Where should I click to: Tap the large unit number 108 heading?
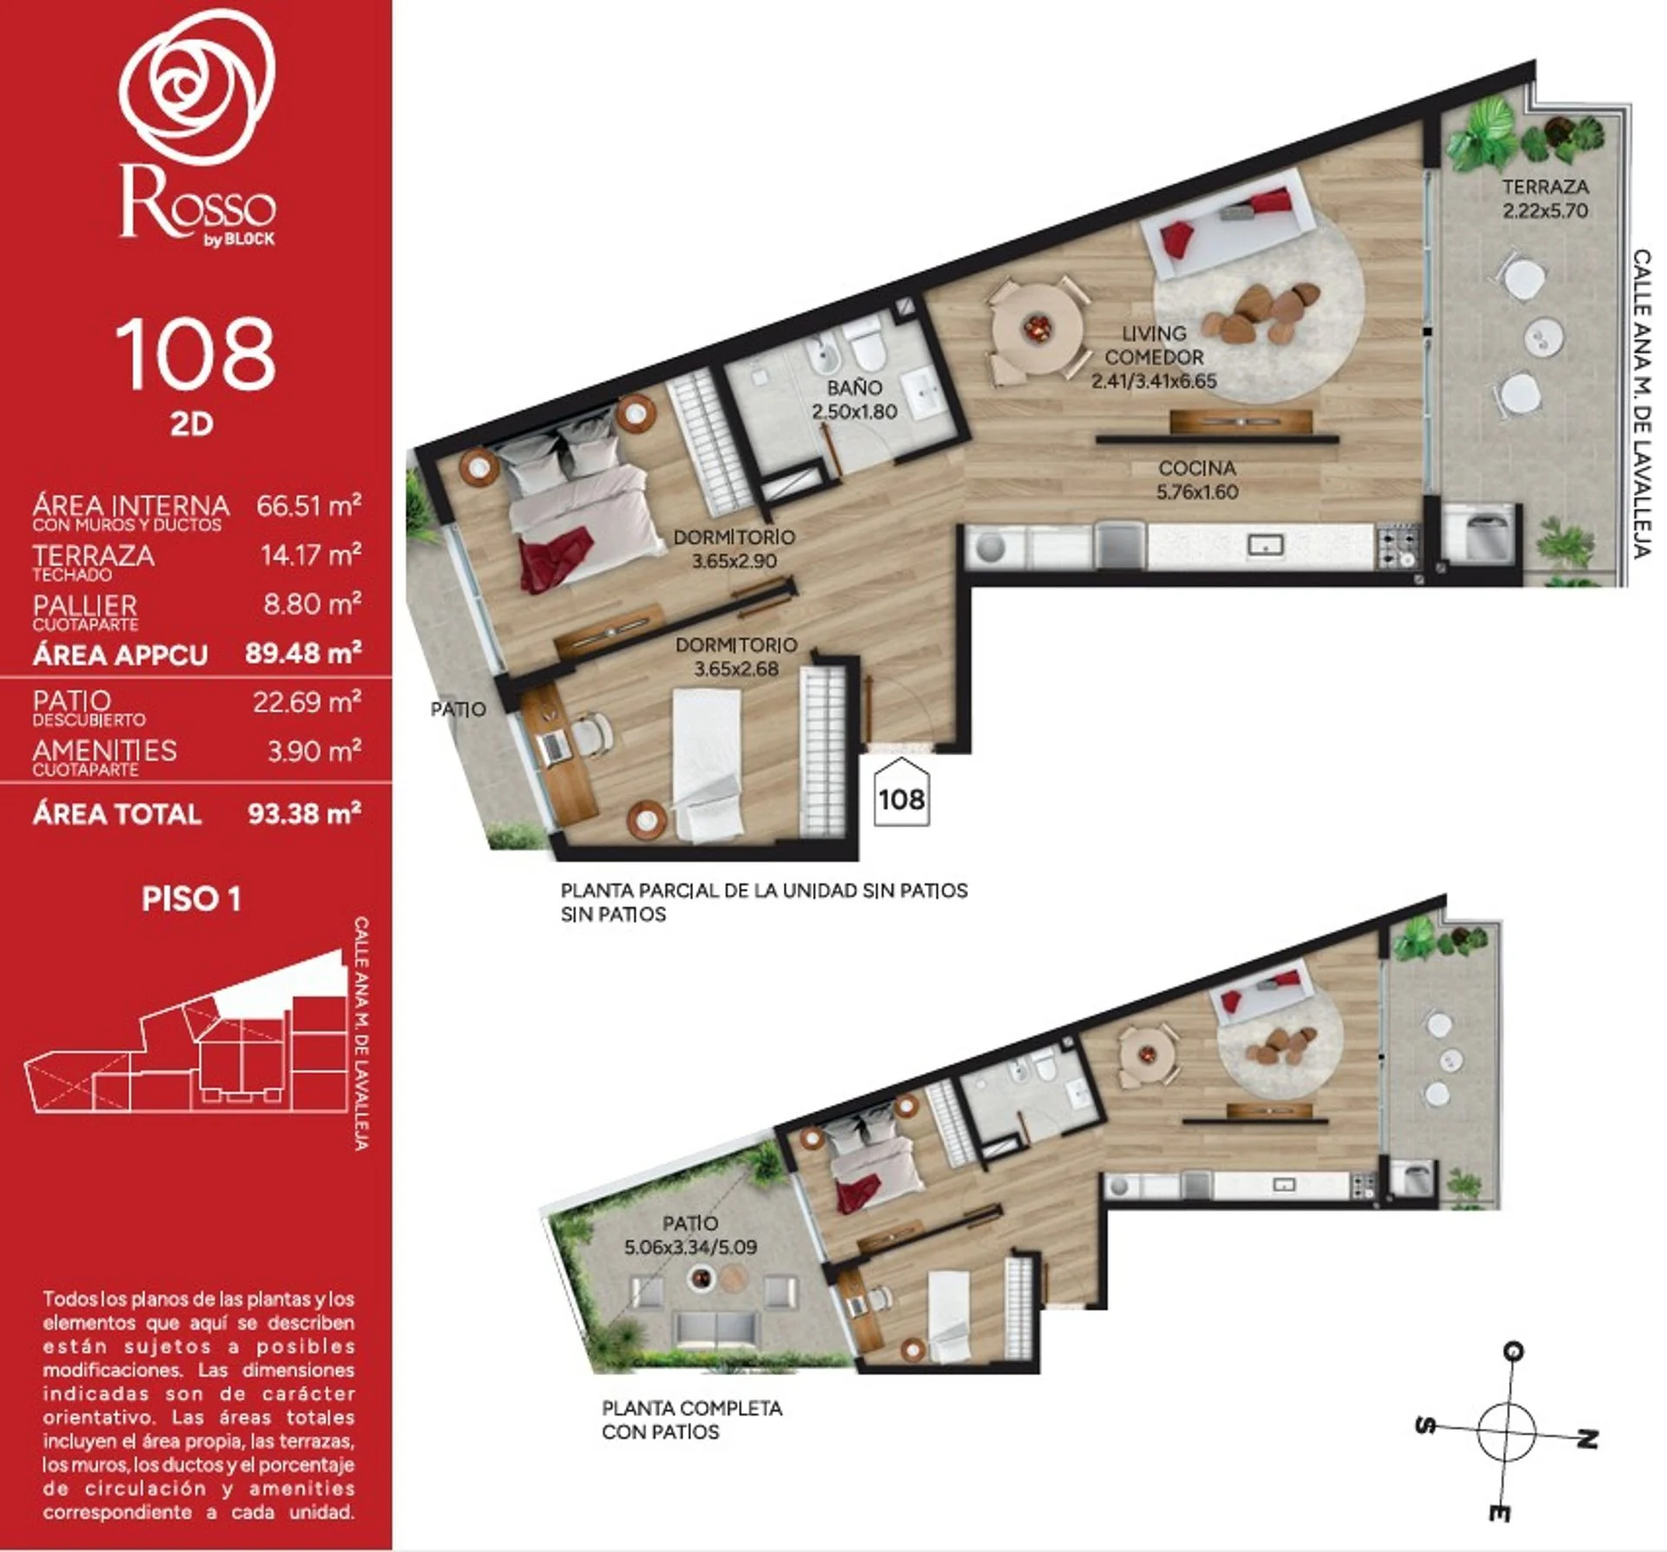[x=195, y=354]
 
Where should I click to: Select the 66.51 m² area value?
[x=309, y=505]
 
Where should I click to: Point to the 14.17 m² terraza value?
[x=311, y=555]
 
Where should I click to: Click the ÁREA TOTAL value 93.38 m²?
[x=305, y=813]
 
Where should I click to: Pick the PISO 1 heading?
[x=191, y=899]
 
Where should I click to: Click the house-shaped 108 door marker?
[x=901, y=792]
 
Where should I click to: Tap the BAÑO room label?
[x=854, y=387]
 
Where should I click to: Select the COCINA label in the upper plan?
[x=1197, y=468]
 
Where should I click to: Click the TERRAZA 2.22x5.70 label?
[x=1545, y=198]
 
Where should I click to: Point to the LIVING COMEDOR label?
[x=1155, y=345]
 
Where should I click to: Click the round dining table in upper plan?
[x=1038, y=329]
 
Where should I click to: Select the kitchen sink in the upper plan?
[x=1265, y=545]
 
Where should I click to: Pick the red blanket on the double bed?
[x=556, y=558]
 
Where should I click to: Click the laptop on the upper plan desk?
[x=552, y=746]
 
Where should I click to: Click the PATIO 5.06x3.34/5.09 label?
[x=690, y=1235]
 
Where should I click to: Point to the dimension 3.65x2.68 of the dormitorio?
[x=736, y=668]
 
